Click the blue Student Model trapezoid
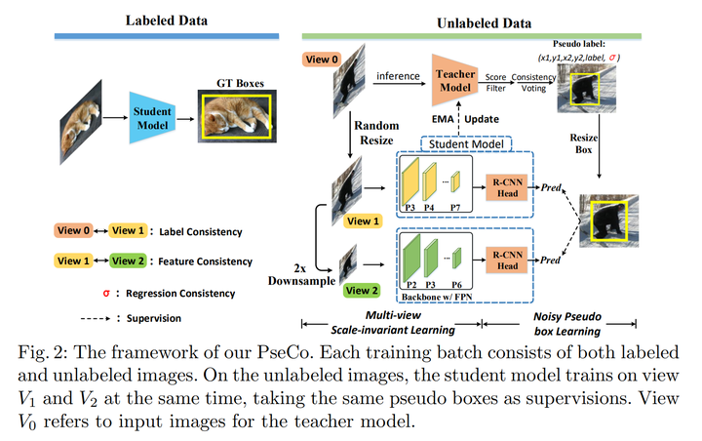point(152,118)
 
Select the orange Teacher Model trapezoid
point(454,80)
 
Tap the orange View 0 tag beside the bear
point(322,60)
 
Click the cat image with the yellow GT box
point(237,116)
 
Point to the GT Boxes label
point(240,83)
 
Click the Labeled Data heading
point(167,20)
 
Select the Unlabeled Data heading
point(484,23)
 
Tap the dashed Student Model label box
point(466,143)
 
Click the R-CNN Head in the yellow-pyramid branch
point(507,187)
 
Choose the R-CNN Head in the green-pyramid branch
point(507,260)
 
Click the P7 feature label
point(455,208)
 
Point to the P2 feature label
point(411,285)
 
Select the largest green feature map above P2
point(411,258)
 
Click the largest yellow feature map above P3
point(410,181)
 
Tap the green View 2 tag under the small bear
point(362,291)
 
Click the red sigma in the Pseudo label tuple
point(612,58)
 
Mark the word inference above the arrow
point(398,76)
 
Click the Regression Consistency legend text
point(180,293)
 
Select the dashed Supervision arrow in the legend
point(96,318)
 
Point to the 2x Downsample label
point(301,275)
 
